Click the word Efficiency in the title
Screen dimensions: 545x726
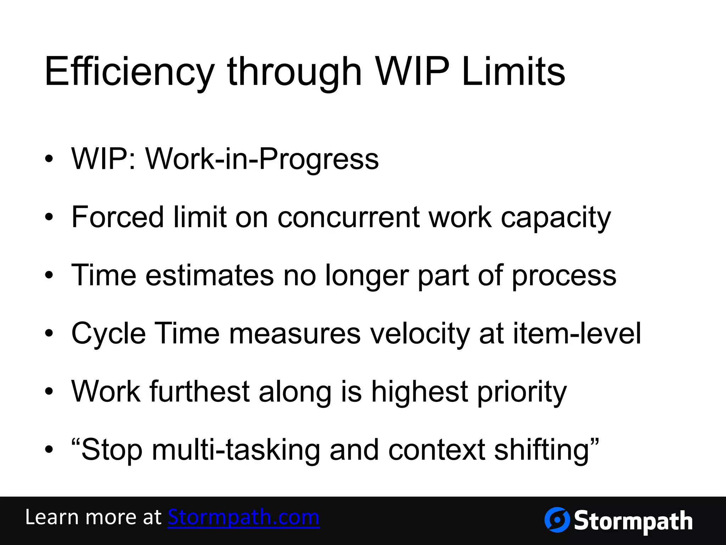(129, 72)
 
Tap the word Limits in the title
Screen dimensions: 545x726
(513, 72)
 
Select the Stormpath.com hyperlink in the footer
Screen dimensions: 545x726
(244, 517)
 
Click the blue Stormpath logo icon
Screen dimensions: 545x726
(557, 520)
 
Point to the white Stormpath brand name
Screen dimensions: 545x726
(633, 521)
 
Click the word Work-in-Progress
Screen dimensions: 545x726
(262, 159)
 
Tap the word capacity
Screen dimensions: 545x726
(556, 218)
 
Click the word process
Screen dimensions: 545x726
(564, 276)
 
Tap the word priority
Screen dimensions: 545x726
(522, 392)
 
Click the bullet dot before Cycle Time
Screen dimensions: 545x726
(49, 333)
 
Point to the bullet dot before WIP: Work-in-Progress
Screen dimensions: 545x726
(49, 159)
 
